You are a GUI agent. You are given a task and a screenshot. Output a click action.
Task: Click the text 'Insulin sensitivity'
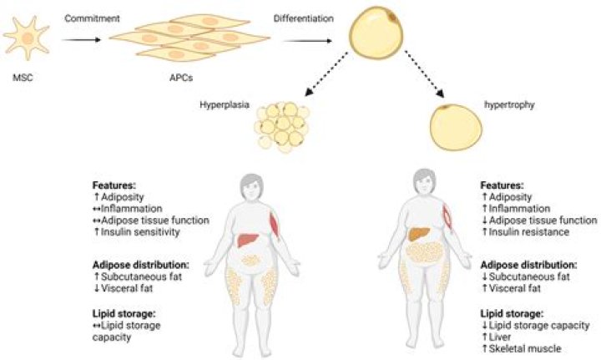[x=145, y=231]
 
